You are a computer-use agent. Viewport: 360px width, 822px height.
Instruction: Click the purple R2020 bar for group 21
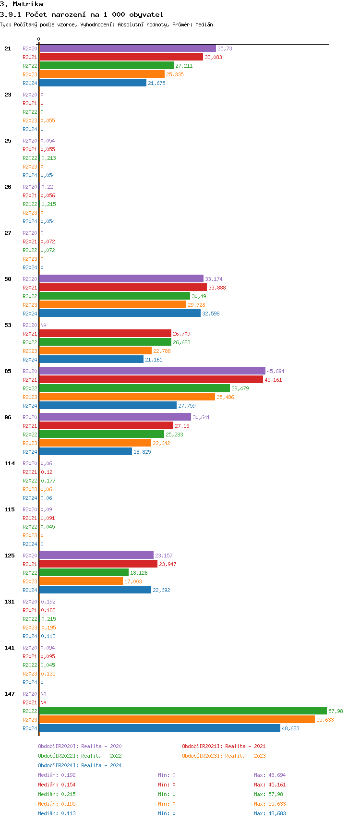point(128,48)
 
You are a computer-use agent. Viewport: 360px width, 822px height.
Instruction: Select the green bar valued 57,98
point(183,711)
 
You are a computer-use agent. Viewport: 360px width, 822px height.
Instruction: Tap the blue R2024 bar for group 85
point(108,406)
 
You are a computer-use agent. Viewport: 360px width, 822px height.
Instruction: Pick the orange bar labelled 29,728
point(113,305)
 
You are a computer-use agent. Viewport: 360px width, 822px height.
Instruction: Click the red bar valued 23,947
point(98,564)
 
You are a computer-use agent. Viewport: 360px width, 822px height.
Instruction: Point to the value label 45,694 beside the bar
point(276,371)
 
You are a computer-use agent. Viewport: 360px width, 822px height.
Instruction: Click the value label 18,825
point(142,452)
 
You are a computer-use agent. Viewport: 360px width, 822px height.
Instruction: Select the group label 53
point(8,325)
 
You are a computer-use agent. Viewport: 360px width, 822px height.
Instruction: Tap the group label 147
point(10,694)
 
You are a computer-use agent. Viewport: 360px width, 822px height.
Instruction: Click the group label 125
point(10,556)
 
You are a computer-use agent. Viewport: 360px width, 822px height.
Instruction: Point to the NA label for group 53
point(43,325)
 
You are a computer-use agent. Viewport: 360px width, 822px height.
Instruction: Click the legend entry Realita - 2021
point(224,746)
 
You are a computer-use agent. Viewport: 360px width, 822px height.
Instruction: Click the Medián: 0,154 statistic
point(57,785)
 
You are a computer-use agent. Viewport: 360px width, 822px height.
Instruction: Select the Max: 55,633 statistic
point(270,804)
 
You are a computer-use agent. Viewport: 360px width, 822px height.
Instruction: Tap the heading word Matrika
point(28,4)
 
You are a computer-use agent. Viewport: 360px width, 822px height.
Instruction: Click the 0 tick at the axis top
point(39,39)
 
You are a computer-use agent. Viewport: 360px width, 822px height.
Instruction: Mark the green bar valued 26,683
point(105,342)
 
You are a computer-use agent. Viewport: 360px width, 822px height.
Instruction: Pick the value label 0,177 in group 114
point(48,481)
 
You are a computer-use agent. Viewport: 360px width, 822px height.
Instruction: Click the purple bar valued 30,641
point(115,417)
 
